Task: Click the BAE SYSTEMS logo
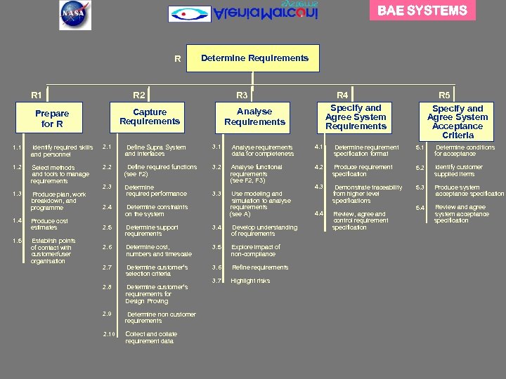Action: pyautogui.click(x=422, y=11)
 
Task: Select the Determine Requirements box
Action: pyautogui.click(x=254, y=58)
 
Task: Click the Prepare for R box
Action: pyautogui.click(x=52, y=118)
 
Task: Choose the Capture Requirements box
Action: pyautogui.click(x=150, y=117)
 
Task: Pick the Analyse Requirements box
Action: pyautogui.click(x=254, y=117)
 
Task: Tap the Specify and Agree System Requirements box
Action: pyautogui.click(x=356, y=117)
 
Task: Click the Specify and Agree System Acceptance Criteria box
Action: pyautogui.click(x=458, y=121)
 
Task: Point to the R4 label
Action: pyautogui.click(x=342, y=95)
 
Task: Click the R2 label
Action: pyautogui.click(x=139, y=95)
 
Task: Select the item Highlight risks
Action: pyautogui.click(x=249, y=281)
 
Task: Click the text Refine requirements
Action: pyautogui.click(x=259, y=267)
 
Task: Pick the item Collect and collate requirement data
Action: pyautogui.click(x=150, y=338)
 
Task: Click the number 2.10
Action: pyautogui.click(x=108, y=333)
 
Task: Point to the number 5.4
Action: pyautogui.click(x=420, y=208)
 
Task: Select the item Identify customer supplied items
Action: pyautogui.click(x=458, y=171)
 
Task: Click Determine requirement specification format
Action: pyautogui.click(x=365, y=150)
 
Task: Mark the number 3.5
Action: pyautogui.click(x=217, y=247)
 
